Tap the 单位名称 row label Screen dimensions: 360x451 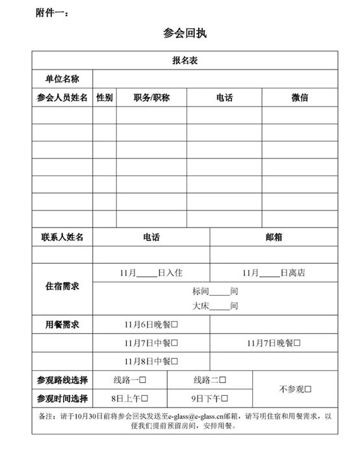[62, 79]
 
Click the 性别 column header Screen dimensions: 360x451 [105, 97]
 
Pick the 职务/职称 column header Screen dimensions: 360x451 [151, 97]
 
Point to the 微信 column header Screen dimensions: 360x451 [300, 97]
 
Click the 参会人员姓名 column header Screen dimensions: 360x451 [62, 97]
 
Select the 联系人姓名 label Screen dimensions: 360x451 [62, 238]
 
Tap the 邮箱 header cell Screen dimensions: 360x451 [274, 238]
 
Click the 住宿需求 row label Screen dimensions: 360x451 [62, 287]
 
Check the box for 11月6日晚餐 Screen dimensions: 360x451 [175, 324]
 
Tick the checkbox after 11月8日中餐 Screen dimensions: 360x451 [175, 361]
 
